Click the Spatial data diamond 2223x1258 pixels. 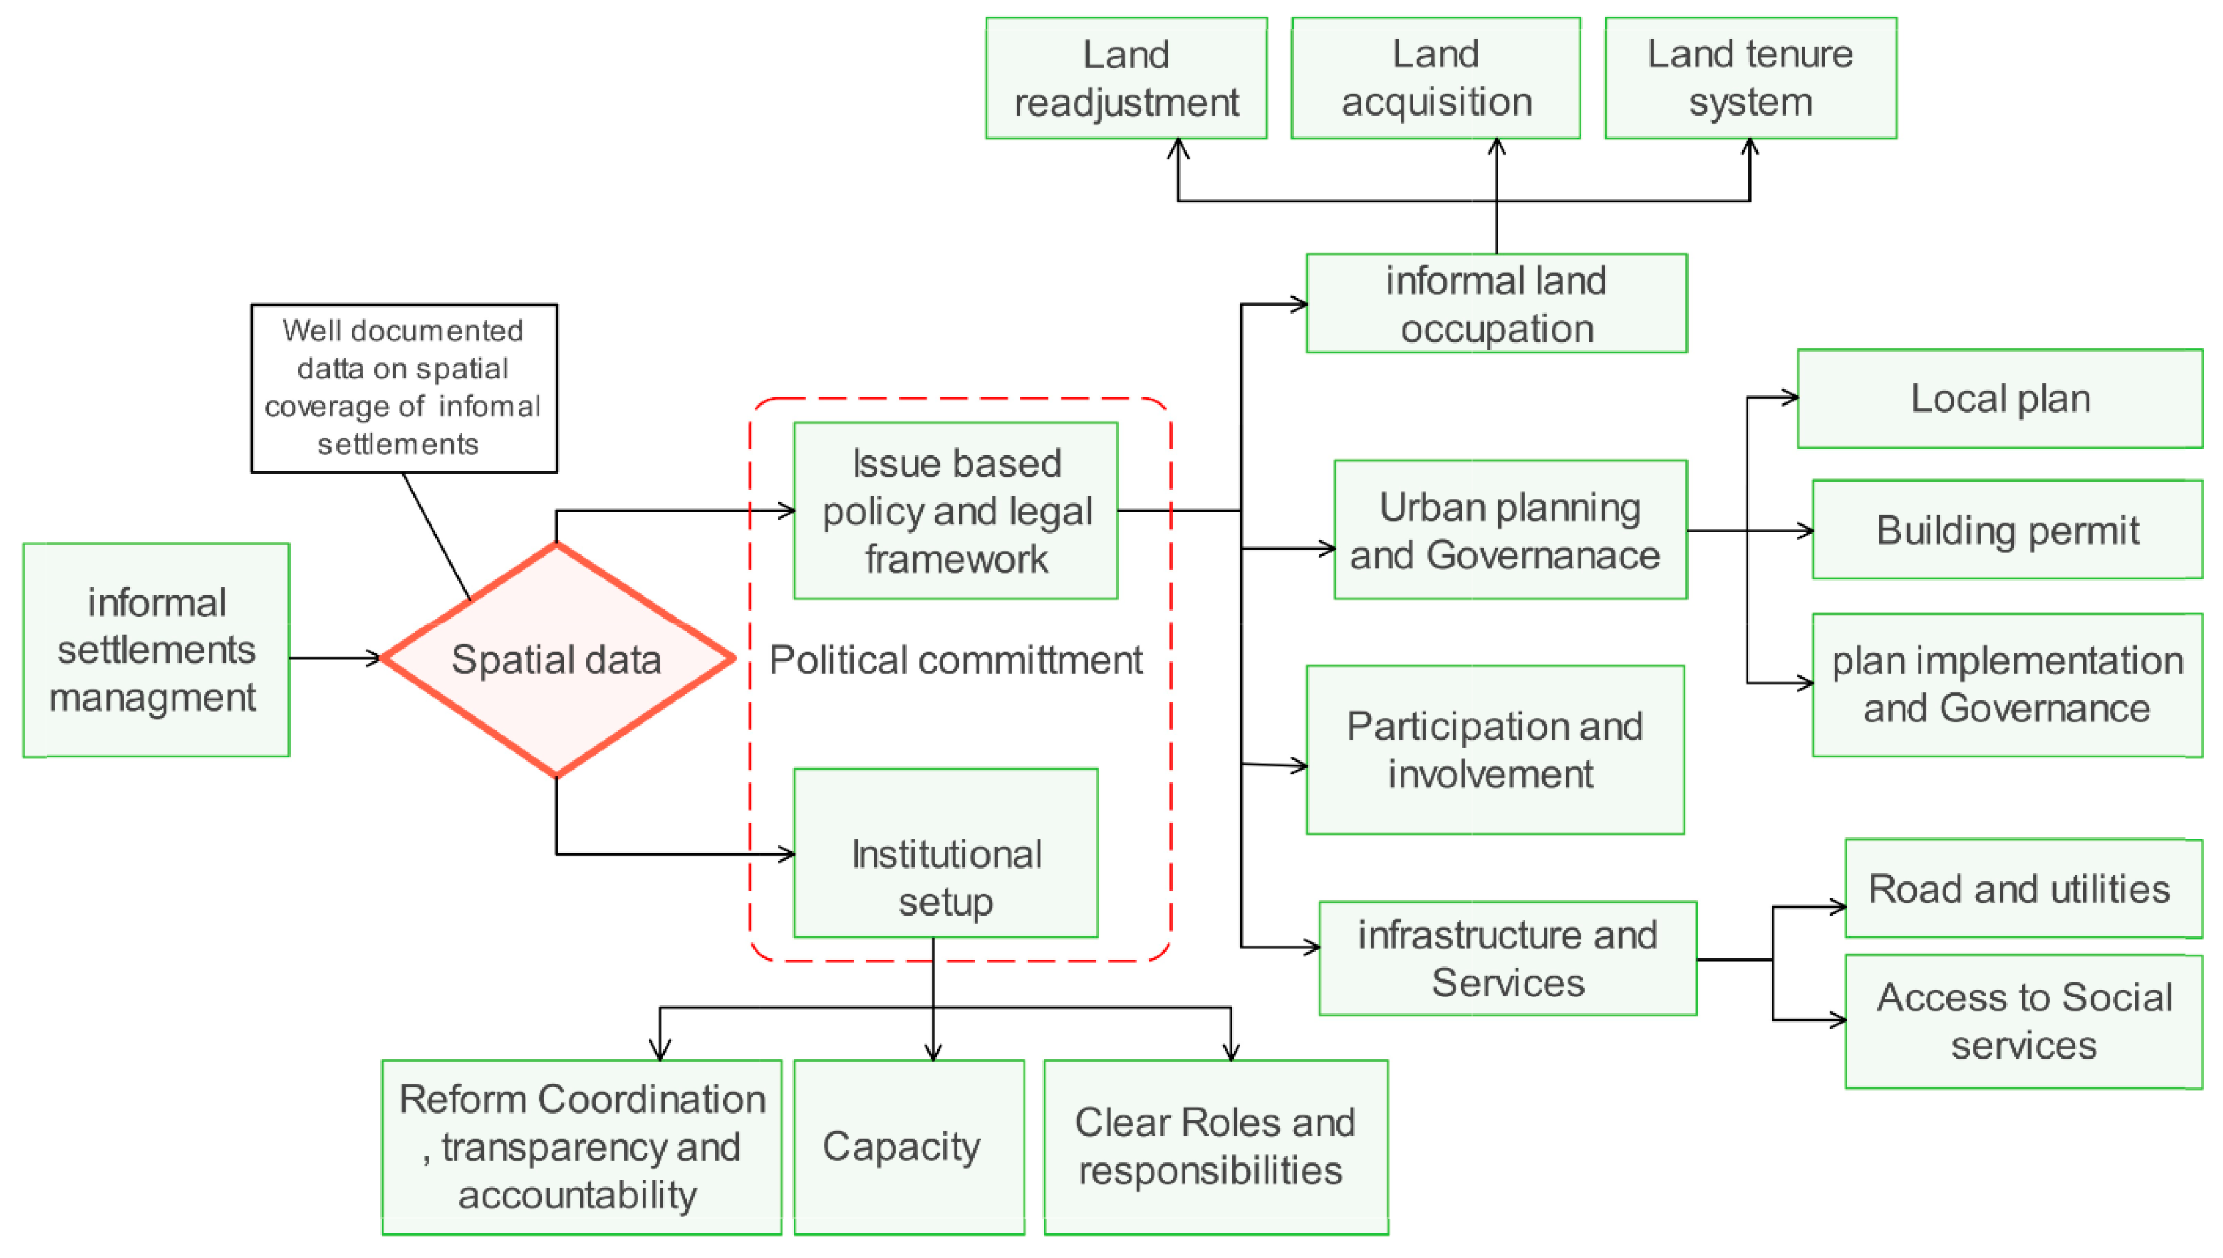556,659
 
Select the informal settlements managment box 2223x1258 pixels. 156,650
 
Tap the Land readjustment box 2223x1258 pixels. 1125,78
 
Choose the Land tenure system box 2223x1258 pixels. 1750,78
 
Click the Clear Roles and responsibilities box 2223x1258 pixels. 1215,1146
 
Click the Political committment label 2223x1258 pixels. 955,660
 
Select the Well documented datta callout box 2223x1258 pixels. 404,388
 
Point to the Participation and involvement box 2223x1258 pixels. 1494,749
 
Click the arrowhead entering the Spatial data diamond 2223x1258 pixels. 374,659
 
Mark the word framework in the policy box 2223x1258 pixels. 956,559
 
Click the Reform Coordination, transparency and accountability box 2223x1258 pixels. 581,1146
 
